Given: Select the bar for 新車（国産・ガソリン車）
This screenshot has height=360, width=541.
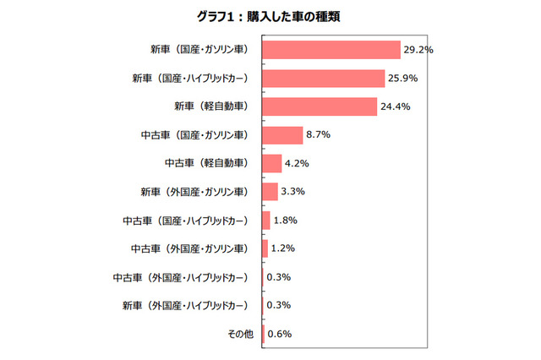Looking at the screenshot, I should tap(331, 50).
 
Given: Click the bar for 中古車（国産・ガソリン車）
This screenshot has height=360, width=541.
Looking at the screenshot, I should tap(283, 135).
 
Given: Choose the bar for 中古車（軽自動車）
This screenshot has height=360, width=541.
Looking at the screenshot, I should tap(272, 163).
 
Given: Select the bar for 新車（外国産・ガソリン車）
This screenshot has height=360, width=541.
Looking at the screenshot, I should tap(270, 192).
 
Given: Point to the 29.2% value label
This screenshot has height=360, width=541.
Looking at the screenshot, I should tap(418, 50).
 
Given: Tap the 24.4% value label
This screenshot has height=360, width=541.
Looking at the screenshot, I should tap(396, 106).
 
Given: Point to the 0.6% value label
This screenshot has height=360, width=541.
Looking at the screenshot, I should tap(280, 334).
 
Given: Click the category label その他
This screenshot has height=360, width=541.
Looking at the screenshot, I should tap(240, 334).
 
